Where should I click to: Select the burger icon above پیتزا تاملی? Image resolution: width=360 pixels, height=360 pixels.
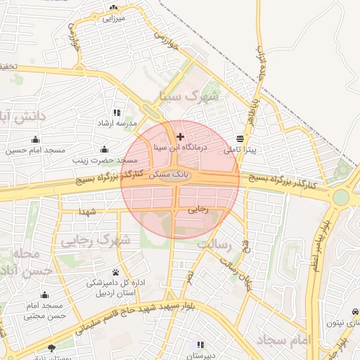tap(240, 139)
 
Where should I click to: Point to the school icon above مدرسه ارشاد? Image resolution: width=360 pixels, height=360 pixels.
tap(117, 112)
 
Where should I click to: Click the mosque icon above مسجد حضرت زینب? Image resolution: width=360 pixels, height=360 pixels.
tap(105, 149)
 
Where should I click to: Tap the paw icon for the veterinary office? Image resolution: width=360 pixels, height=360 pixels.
tap(115, 272)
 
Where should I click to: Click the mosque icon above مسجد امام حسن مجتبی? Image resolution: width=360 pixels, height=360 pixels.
tap(44, 295)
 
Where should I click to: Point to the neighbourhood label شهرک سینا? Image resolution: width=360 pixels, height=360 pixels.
tap(189, 96)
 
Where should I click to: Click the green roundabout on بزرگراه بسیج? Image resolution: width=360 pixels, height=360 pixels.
tap(341, 197)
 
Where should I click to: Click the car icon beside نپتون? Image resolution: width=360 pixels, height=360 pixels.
tap(354, 311)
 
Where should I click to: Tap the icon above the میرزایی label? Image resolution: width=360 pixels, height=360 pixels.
tap(112, 8)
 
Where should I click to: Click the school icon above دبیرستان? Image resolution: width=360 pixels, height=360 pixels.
tap(200, 345)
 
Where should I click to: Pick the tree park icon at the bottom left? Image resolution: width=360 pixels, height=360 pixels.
tap(51, 347)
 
